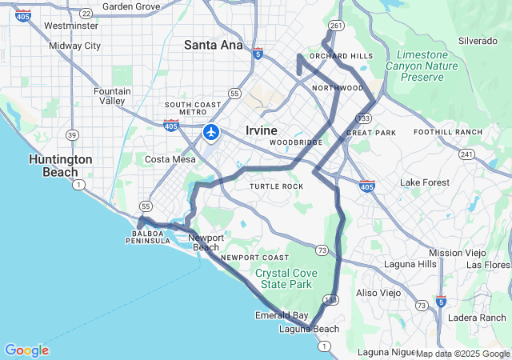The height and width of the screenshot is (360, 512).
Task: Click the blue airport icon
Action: tap(211, 131)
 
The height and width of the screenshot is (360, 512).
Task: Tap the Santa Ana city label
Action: tap(213, 46)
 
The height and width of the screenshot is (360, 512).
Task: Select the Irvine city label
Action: tap(261, 130)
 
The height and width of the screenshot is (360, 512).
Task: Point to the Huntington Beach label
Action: tap(61, 166)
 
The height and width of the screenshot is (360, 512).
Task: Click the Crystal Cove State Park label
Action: tap(286, 278)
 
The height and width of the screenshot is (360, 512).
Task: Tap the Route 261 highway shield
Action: tap(338, 26)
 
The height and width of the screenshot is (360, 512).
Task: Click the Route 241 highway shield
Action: tap(467, 154)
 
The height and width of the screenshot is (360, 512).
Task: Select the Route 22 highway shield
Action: tap(86, 14)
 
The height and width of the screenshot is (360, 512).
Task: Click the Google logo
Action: tap(26, 350)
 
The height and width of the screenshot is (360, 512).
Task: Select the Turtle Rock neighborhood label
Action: tap(277, 186)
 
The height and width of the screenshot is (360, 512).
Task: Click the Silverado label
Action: tap(478, 41)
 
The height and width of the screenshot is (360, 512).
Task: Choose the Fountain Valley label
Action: tap(111, 96)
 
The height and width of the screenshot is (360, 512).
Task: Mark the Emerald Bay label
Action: tap(282, 315)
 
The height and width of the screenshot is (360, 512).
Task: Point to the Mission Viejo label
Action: tap(457, 253)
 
